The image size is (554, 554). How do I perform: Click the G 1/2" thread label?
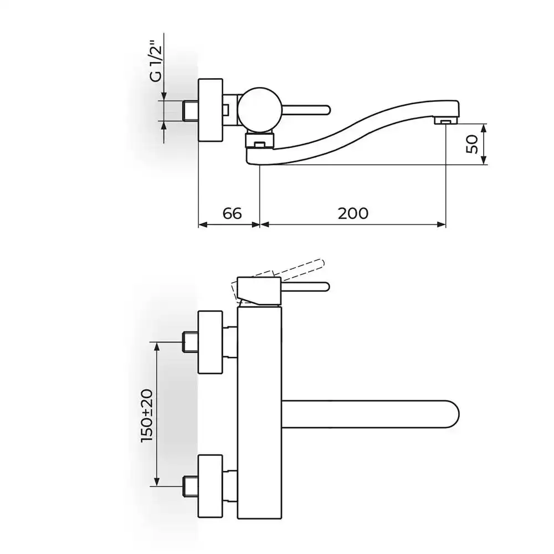pos(156,64)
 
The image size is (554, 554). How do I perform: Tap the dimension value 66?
pos(232,213)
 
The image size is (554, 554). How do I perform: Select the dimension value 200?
pos(353,213)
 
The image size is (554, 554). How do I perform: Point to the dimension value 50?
pos(472,144)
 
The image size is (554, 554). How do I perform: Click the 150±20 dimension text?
pos(147,415)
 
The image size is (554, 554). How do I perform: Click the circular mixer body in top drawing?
pos(260,110)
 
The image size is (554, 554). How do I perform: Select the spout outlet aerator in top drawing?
pos(446,121)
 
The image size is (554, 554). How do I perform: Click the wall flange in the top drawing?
pos(211,110)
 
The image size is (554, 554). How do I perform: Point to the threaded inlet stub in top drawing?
pos(191,111)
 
